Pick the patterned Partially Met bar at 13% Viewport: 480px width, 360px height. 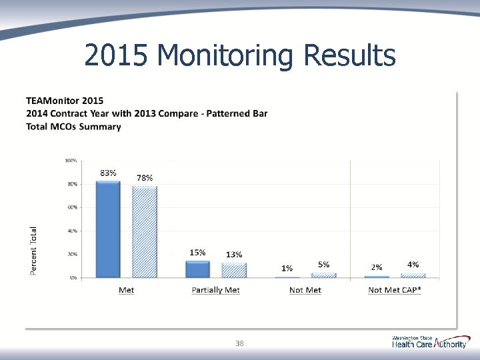click(x=233, y=270)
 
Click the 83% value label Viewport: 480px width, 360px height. click(x=109, y=173)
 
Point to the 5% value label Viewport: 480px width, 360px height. click(x=323, y=265)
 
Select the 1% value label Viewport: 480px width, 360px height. click(x=287, y=268)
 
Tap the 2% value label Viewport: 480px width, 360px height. click(x=377, y=267)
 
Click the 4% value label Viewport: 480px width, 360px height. click(x=413, y=265)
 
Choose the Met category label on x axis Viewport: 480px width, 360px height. click(x=126, y=290)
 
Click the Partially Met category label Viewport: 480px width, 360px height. click(x=215, y=290)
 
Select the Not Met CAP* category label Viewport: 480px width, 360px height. click(x=395, y=290)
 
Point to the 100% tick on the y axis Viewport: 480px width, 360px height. click(x=71, y=160)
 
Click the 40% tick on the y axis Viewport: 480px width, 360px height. click(x=72, y=231)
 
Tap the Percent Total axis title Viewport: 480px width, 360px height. click(x=34, y=250)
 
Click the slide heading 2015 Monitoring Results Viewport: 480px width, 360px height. click(x=240, y=56)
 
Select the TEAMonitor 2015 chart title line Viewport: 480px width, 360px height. click(x=65, y=101)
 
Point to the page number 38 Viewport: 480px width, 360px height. click(x=239, y=344)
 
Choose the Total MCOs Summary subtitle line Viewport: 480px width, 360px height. click(x=73, y=127)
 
